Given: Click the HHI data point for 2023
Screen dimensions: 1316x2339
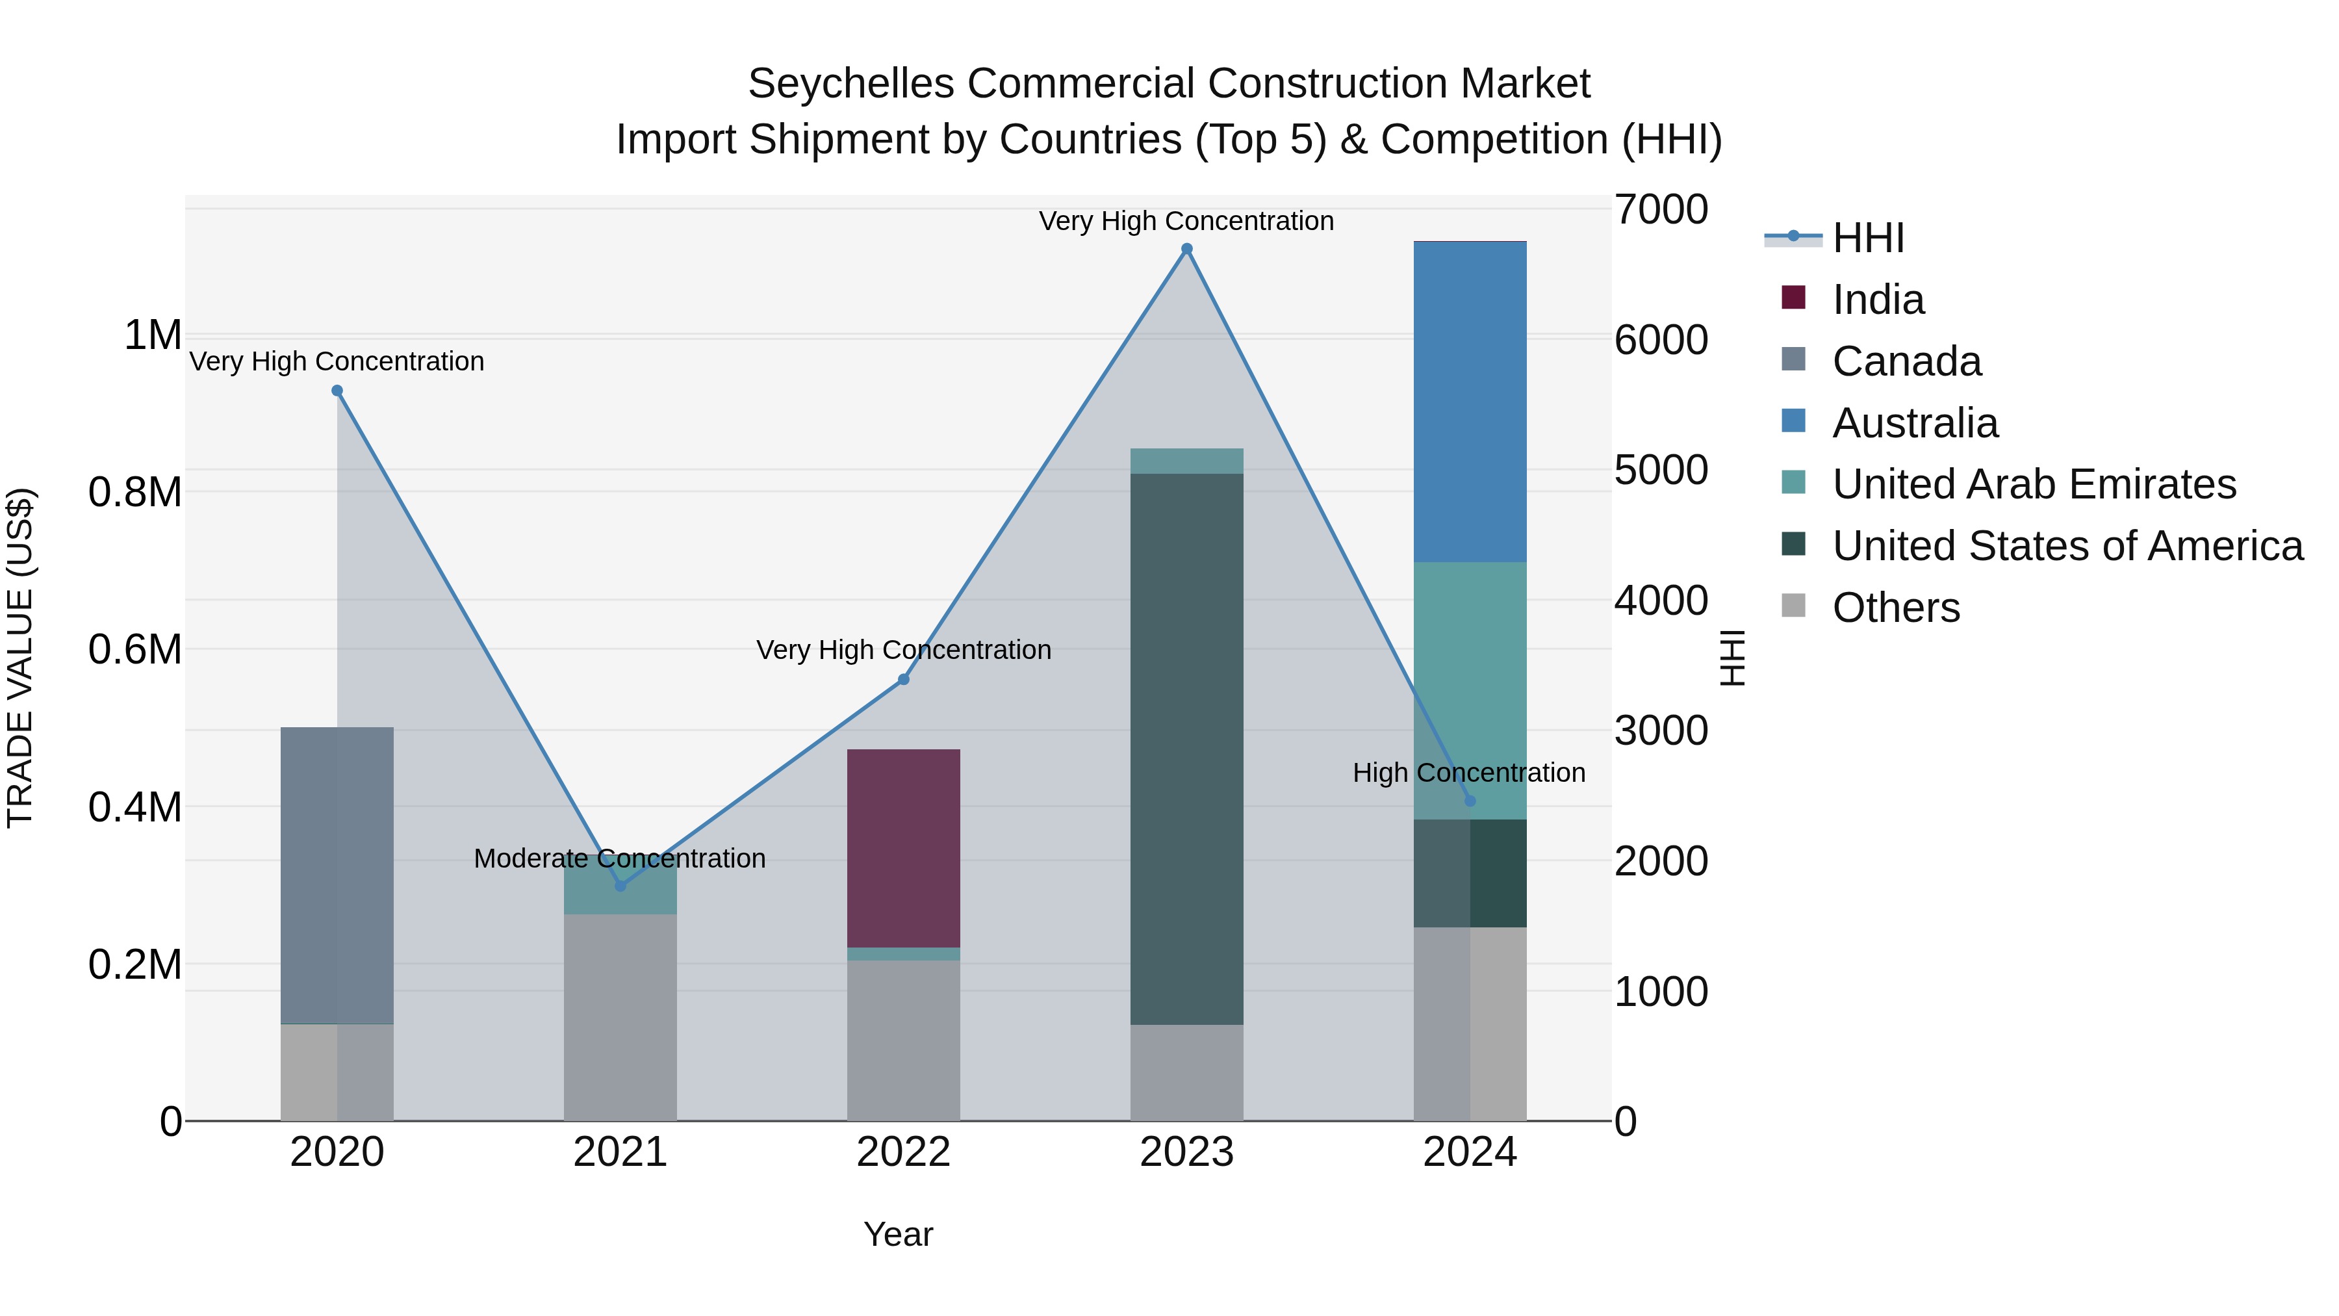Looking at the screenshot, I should coord(1187,249).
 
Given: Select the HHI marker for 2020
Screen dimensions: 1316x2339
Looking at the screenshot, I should coord(337,391).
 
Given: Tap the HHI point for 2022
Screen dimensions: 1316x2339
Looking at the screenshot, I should coord(904,679).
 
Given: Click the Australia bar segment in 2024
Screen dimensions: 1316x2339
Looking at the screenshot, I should coord(1470,402).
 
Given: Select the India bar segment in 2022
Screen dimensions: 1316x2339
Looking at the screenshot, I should coord(904,848).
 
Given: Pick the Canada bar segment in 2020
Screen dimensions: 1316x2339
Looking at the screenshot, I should coord(337,875).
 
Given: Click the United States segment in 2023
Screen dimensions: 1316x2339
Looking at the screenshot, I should coord(1187,749).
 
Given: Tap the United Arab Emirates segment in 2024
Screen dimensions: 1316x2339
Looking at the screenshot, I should coord(1470,690).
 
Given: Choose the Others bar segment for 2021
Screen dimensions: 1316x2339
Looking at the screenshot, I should coord(620,1017).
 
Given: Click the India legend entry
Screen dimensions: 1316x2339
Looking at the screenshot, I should coord(1878,300).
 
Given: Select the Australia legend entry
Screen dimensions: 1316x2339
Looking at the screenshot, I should coord(1915,423).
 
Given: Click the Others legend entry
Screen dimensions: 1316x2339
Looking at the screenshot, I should coord(1896,608).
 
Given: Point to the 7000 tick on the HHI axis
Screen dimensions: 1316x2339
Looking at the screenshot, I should coord(1661,210).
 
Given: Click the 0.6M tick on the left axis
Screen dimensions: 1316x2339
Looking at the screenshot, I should coord(135,649).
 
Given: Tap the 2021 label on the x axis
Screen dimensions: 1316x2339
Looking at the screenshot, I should coord(620,1152).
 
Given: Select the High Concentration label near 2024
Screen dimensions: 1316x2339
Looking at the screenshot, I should coord(1468,773).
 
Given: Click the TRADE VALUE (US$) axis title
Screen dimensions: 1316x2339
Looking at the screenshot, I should coord(20,658).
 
